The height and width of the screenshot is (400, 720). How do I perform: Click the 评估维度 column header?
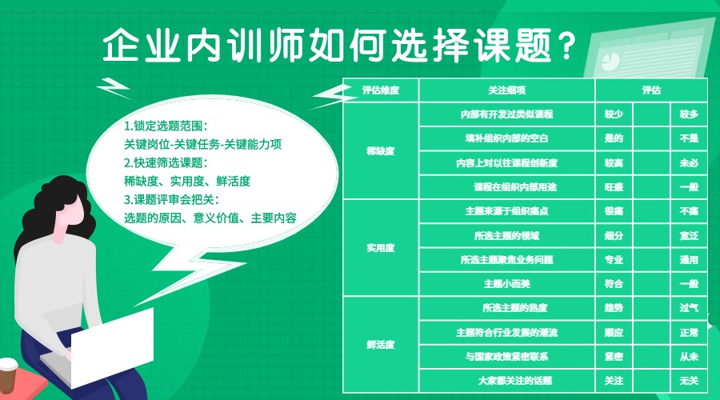(x=380, y=91)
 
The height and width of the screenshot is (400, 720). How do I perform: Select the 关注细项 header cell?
(x=507, y=91)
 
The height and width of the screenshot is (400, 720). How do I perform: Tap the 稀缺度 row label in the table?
(x=380, y=150)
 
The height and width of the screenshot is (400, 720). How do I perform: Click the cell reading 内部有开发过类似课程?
(x=507, y=114)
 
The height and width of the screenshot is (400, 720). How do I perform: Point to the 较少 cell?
(x=614, y=114)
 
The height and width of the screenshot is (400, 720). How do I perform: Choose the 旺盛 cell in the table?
(x=614, y=186)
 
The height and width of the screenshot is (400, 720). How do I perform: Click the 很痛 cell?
(x=614, y=211)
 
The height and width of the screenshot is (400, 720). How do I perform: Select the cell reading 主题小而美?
(x=507, y=283)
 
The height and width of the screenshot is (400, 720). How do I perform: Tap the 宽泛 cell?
(x=689, y=236)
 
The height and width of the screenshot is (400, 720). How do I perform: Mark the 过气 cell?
(x=689, y=308)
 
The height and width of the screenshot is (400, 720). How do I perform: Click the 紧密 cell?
(x=614, y=356)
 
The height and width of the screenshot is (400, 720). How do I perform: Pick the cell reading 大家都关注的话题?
(x=507, y=380)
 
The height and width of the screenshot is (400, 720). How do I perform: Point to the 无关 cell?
(x=689, y=380)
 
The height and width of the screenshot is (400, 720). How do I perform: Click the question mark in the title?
(x=566, y=47)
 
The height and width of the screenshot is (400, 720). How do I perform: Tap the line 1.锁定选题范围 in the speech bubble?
(x=166, y=126)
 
